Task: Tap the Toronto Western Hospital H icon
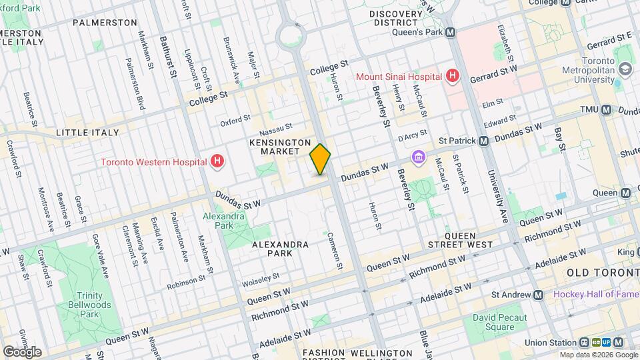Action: coord(216,161)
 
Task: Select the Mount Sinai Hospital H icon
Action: coord(453,76)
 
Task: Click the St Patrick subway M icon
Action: coord(484,141)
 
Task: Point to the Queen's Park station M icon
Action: coord(451,31)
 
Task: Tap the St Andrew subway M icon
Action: coord(538,295)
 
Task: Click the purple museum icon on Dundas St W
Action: coord(418,157)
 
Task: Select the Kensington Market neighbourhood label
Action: coord(280,147)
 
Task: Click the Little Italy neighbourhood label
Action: coord(87,133)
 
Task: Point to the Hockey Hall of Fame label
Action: coord(595,295)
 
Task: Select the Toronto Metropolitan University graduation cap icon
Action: coord(625,68)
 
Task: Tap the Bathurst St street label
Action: coord(167,57)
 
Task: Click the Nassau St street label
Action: coord(276,127)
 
